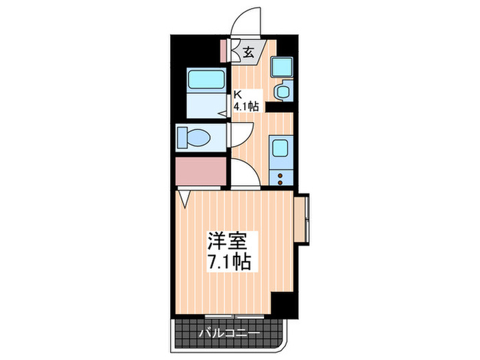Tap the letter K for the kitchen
coord(238,95)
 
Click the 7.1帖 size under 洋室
coord(228,261)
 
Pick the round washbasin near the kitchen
coord(282,92)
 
